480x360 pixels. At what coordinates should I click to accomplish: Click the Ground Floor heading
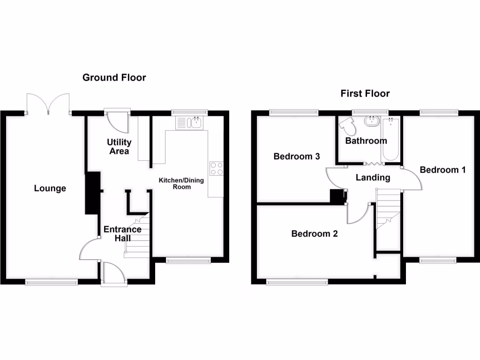tap(114, 77)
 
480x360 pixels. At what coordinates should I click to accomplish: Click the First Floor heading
tap(365, 94)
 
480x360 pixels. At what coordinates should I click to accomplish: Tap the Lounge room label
tap(50, 188)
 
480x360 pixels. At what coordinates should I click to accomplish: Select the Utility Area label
tap(119, 146)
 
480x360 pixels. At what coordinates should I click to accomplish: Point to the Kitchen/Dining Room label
tap(181, 183)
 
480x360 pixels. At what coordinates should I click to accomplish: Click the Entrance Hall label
tap(122, 233)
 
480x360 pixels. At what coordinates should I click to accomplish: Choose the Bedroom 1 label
tap(442, 170)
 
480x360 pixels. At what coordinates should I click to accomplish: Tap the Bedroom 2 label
tap(315, 233)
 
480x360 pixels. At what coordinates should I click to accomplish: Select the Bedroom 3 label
tap(297, 157)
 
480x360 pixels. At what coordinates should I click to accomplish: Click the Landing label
tap(373, 177)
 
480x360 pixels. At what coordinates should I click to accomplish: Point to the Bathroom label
tap(366, 141)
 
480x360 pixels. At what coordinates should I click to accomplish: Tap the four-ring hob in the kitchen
tap(216, 168)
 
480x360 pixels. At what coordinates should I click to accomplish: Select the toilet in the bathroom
tap(347, 126)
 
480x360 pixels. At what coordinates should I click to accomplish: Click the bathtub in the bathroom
tap(391, 140)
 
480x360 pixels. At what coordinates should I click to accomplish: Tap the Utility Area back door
tap(117, 121)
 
